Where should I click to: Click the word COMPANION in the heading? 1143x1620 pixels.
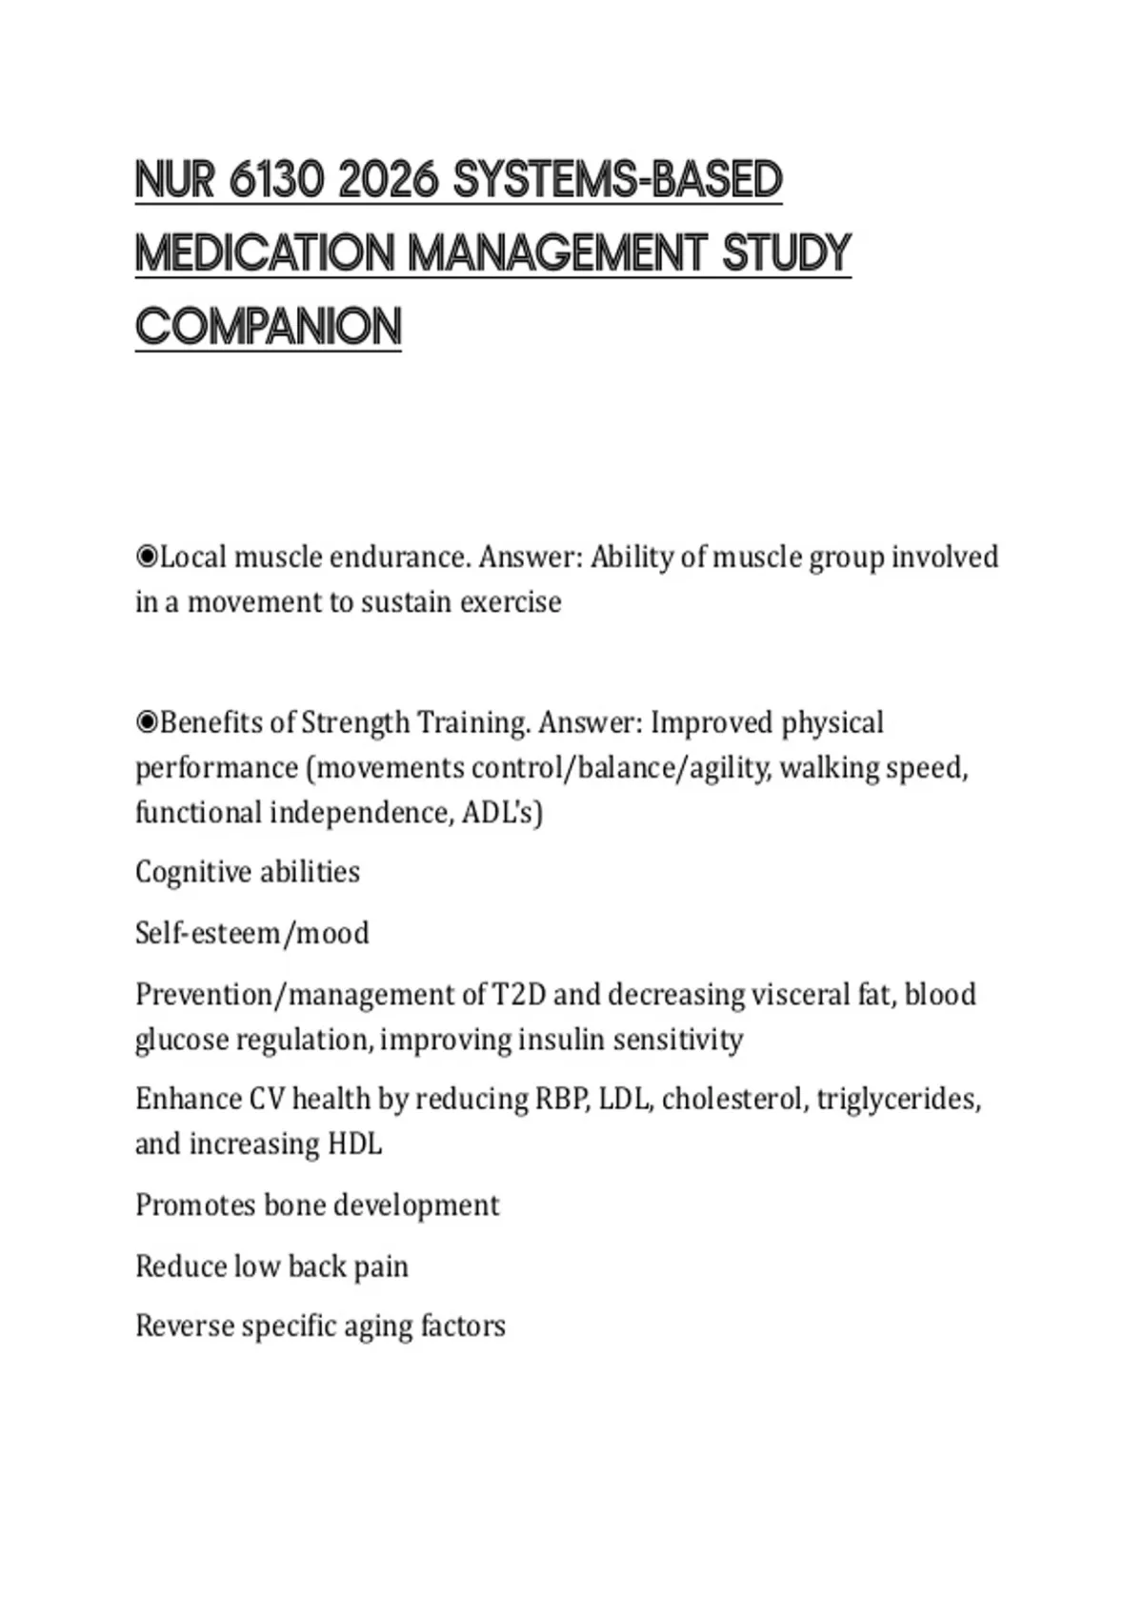(269, 327)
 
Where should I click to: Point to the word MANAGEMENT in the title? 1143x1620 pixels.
(557, 253)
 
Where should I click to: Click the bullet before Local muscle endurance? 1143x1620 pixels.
(147, 557)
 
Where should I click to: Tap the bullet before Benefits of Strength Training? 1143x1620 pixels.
(147, 723)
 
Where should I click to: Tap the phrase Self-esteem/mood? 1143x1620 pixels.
(252, 933)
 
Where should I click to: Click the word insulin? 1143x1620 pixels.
(561, 1040)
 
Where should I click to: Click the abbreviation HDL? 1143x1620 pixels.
(354, 1144)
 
